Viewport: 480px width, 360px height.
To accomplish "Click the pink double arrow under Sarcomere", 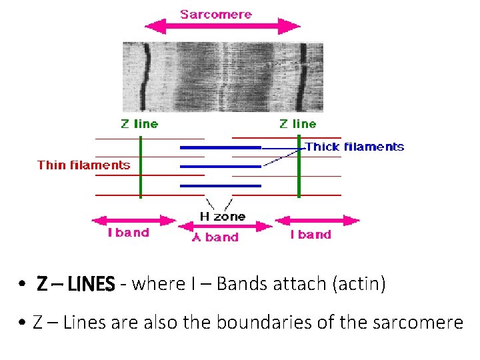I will click(223, 27).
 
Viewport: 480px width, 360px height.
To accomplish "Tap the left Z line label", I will click(139, 123).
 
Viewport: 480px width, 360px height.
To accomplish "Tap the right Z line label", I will click(297, 123).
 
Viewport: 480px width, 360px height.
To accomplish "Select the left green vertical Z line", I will click(141, 167).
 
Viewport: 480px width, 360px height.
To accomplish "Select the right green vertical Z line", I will click(299, 167).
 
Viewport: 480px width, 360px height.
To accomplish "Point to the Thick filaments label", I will click(354, 147).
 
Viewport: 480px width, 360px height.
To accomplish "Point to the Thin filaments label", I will click(84, 165).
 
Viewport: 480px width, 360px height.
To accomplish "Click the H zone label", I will click(223, 216).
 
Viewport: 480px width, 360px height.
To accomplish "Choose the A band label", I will click(215, 237).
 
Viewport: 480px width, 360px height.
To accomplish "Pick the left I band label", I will click(129, 233).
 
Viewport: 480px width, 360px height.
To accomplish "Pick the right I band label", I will click(311, 234).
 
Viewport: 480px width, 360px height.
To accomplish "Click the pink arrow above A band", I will click(225, 226).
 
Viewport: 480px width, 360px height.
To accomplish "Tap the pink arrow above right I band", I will click(317, 220).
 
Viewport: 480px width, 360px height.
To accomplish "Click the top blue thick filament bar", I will click(220, 147).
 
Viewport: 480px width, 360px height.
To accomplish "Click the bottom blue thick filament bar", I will click(220, 185).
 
